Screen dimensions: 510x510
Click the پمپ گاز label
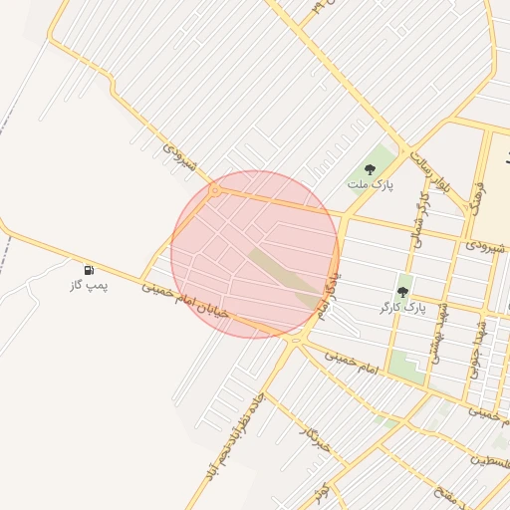pyautogui.click(x=89, y=285)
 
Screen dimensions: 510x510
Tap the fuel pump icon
pyautogui.click(x=89, y=269)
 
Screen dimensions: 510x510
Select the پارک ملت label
pyautogui.click(x=371, y=184)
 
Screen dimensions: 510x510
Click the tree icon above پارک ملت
pyautogui.click(x=371, y=169)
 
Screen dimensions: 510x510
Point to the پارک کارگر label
pyautogui.click(x=402, y=308)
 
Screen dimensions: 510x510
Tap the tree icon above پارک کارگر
pyautogui.click(x=402, y=292)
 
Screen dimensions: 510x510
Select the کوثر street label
pyautogui.click(x=319, y=491)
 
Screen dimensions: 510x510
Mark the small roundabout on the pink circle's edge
pyautogui.click(x=215, y=189)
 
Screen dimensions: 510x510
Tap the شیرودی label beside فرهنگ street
pyautogui.click(x=485, y=245)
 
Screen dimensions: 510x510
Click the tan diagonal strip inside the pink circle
pyautogui.click(x=284, y=276)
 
